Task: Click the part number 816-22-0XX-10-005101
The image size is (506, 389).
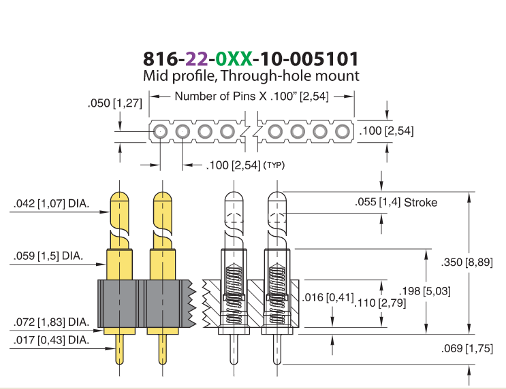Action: click(x=251, y=58)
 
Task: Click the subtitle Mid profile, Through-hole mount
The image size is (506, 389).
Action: click(x=251, y=76)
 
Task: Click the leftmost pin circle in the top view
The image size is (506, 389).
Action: click(x=160, y=131)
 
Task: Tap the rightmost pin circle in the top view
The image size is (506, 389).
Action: click(x=343, y=131)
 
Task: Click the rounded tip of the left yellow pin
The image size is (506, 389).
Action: click(x=119, y=197)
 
